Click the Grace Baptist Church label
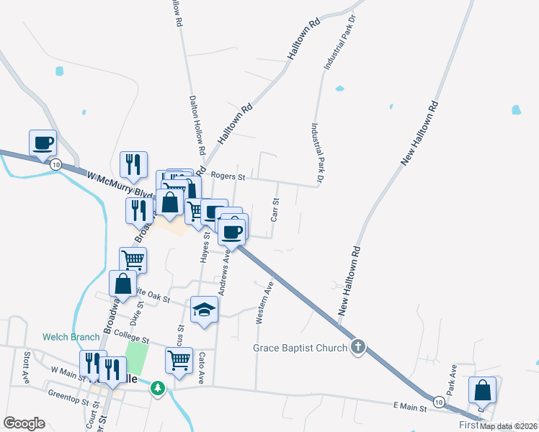pyautogui.click(x=300, y=348)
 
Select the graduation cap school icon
pyautogui.click(x=204, y=310)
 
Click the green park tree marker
pyautogui.click(x=158, y=388)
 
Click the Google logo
pyautogui.click(x=24, y=423)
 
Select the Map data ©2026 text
pyautogui.click(x=509, y=426)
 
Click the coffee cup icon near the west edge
pyautogui.click(x=43, y=143)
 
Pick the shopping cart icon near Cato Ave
pyautogui.click(x=179, y=359)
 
